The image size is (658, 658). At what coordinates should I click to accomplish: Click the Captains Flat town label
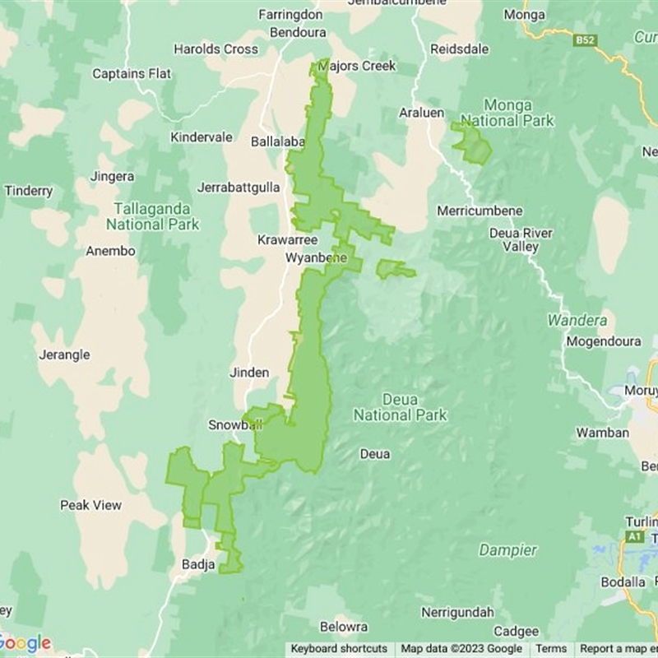(x=132, y=74)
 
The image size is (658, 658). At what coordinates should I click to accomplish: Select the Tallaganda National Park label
(x=152, y=216)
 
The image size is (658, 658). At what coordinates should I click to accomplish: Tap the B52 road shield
(x=585, y=39)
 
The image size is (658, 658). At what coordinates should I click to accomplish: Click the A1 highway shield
(x=633, y=536)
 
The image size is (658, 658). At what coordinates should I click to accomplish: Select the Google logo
(x=25, y=643)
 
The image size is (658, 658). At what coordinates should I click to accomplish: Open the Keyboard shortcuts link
(x=339, y=649)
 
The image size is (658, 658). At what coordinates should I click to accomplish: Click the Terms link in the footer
(x=551, y=649)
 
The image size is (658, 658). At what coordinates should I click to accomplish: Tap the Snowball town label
(x=234, y=425)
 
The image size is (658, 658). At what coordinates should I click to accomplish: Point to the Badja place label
(x=197, y=565)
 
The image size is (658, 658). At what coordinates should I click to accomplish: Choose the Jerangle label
(x=64, y=355)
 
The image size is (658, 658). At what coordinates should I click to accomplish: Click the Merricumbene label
(x=480, y=211)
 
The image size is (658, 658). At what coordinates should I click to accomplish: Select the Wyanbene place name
(x=311, y=258)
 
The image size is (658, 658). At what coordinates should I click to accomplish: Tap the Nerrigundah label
(x=457, y=613)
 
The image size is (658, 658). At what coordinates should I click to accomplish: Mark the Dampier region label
(x=507, y=550)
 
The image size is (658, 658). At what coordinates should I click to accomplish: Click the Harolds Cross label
(x=215, y=49)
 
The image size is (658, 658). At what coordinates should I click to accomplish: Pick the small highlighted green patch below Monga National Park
(x=471, y=143)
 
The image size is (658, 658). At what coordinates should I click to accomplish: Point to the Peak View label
(x=90, y=505)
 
